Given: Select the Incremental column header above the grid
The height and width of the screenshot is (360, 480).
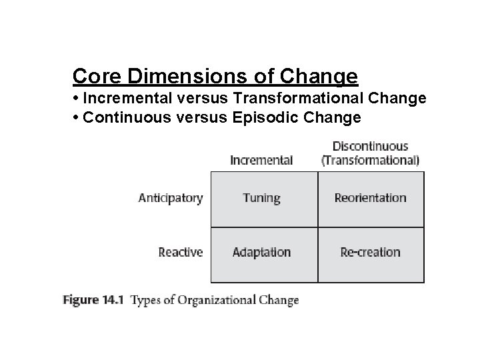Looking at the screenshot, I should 261,160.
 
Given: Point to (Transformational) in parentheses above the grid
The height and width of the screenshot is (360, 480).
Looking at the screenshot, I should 370,160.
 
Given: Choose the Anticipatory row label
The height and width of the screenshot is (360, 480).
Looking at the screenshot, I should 170,198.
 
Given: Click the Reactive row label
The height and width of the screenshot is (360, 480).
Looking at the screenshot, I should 180,252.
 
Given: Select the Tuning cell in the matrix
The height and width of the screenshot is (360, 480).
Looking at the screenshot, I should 261,198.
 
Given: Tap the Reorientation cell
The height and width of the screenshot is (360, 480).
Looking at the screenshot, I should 370,198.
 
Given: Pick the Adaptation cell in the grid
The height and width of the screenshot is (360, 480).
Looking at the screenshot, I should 261,252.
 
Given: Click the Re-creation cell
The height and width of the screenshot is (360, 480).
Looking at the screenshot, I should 370,252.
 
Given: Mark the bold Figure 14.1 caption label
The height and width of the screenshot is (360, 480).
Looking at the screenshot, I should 93,300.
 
